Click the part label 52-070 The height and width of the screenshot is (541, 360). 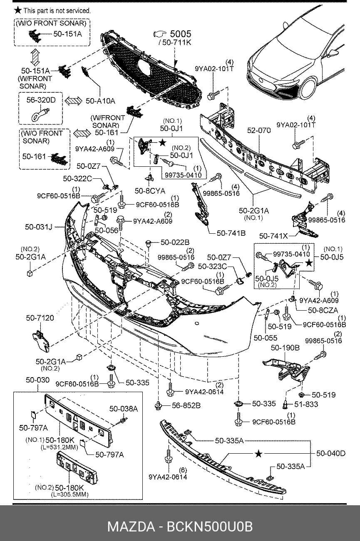pos(259,131)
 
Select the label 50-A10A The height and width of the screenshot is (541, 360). pos(100,101)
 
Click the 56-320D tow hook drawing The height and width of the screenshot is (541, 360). pos(41,114)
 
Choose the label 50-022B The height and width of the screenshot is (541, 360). pos(175,242)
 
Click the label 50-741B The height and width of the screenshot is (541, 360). pos(231,233)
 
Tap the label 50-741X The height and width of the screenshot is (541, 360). pos(274,236)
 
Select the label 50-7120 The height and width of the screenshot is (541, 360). pos(40,318)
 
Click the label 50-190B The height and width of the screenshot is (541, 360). pos(285,348)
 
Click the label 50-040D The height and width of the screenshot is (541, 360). pos(331,453)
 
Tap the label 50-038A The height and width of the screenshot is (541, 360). pos(124,409)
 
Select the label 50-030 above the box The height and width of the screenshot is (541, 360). pos(38,380)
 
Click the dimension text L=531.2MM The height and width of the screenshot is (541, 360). pos(59,447)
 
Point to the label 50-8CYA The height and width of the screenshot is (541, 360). pos(150,191)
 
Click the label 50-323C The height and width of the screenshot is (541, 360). pos(213,266)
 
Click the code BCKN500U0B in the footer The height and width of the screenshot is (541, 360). pos(210,527)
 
